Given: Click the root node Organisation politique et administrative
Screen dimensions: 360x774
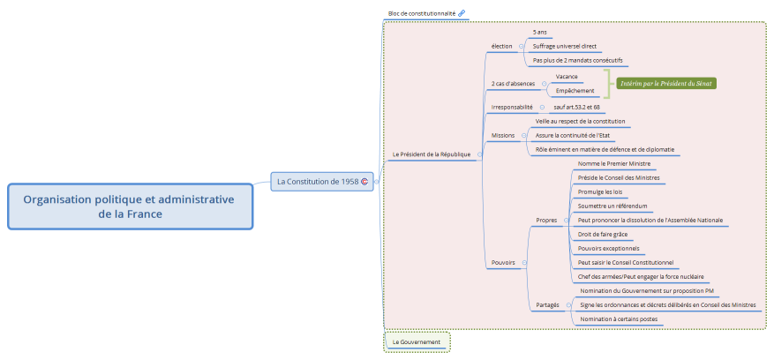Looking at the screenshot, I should pyautogui.click(x=129, y=206).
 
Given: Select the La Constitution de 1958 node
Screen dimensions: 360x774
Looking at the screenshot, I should pyautogui.click(x=318, y=182).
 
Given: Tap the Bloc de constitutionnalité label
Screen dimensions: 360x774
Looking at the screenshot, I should pyautogui.click(x=422, y=14).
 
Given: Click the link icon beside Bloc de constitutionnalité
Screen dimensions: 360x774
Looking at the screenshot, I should pyautogui.click(x=462, y=14).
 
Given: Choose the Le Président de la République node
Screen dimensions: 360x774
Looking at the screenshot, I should pyautogui.click(x=432, y=154).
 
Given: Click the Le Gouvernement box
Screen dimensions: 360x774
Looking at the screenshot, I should pyautogui.click(x=417, y=341).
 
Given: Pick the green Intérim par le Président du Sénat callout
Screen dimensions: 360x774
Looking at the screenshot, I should pyautogui.click(x=666, y=84).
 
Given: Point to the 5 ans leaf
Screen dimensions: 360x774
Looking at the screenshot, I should pyautogui.click(x=540, y=32).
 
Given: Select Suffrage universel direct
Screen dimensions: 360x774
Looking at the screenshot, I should pyautogui.click(x=565, y=46).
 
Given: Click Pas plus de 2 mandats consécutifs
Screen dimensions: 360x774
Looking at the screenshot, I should pyautogui.click(x=578, y=61).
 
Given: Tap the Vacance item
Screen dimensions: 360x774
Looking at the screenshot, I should pyautogui.click(x=567, y=77).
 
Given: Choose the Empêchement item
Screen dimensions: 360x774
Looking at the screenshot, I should pyautogui.click(x=574, y=91).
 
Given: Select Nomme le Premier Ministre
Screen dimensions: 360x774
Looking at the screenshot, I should pyautogui.click(x=614, y=163).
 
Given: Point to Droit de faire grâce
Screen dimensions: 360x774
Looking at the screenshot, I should pyautogui.click(x=603, y=234).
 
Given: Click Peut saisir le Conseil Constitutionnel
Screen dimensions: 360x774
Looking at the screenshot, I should pyautogui.click(x=626, y=262).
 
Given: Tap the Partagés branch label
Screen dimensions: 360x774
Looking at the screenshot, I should pyautogui.click(x=547, y=304).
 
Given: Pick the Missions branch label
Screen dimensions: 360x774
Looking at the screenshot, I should pyautogui.click(x=503, y=136).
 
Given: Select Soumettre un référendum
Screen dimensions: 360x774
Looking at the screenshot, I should pyautogui.click(x=612, y=206).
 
